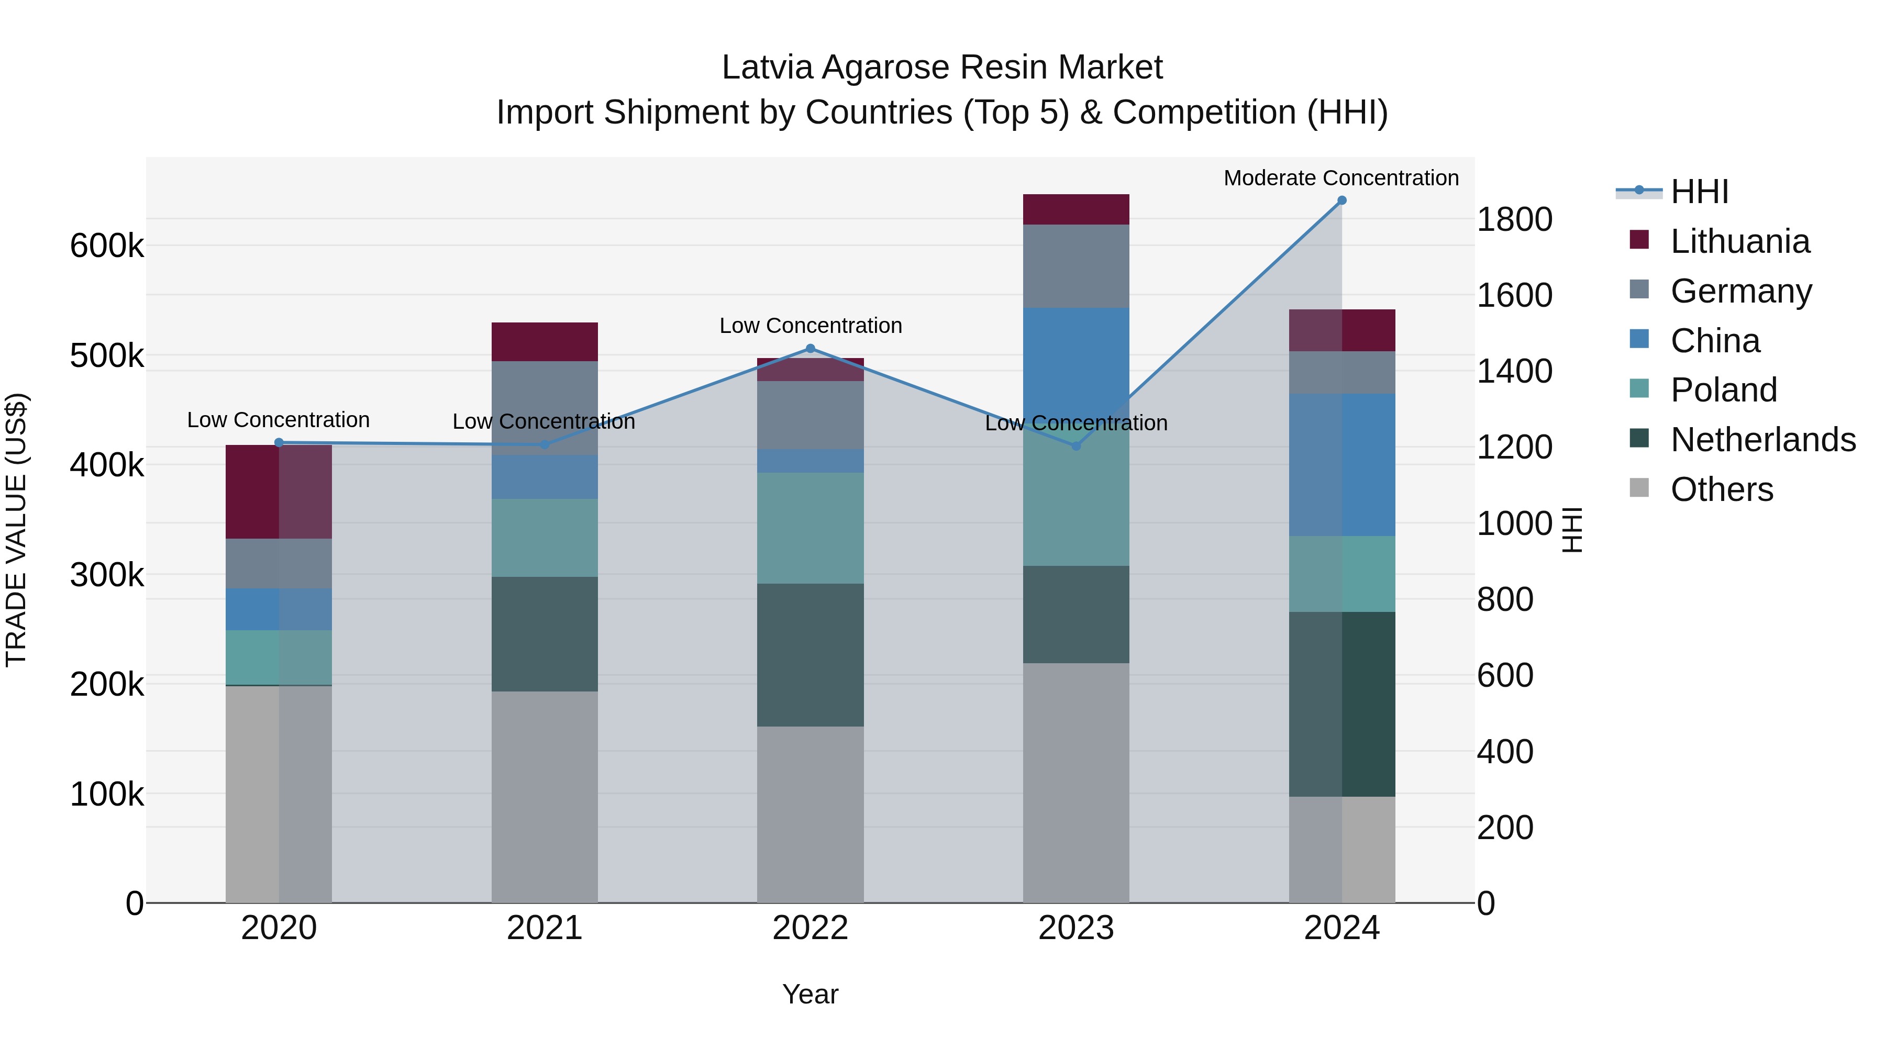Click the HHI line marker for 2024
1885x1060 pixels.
1341,200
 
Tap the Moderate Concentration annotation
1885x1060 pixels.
1340,178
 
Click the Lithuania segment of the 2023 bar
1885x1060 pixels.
1075,209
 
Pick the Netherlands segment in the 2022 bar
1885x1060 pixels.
810,655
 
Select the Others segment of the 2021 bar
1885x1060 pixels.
545,797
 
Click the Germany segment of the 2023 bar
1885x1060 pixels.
1075,266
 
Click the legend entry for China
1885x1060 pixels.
1714,341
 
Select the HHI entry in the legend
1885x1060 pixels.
1699,192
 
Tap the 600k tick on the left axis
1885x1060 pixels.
107,246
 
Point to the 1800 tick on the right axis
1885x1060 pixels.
1514,219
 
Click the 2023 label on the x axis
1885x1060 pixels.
1075,928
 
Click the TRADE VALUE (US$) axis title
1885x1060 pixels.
16,530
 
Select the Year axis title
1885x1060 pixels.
810,994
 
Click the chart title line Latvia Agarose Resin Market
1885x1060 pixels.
942,68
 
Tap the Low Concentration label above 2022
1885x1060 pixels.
810,326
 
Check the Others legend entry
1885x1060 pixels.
1721,489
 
